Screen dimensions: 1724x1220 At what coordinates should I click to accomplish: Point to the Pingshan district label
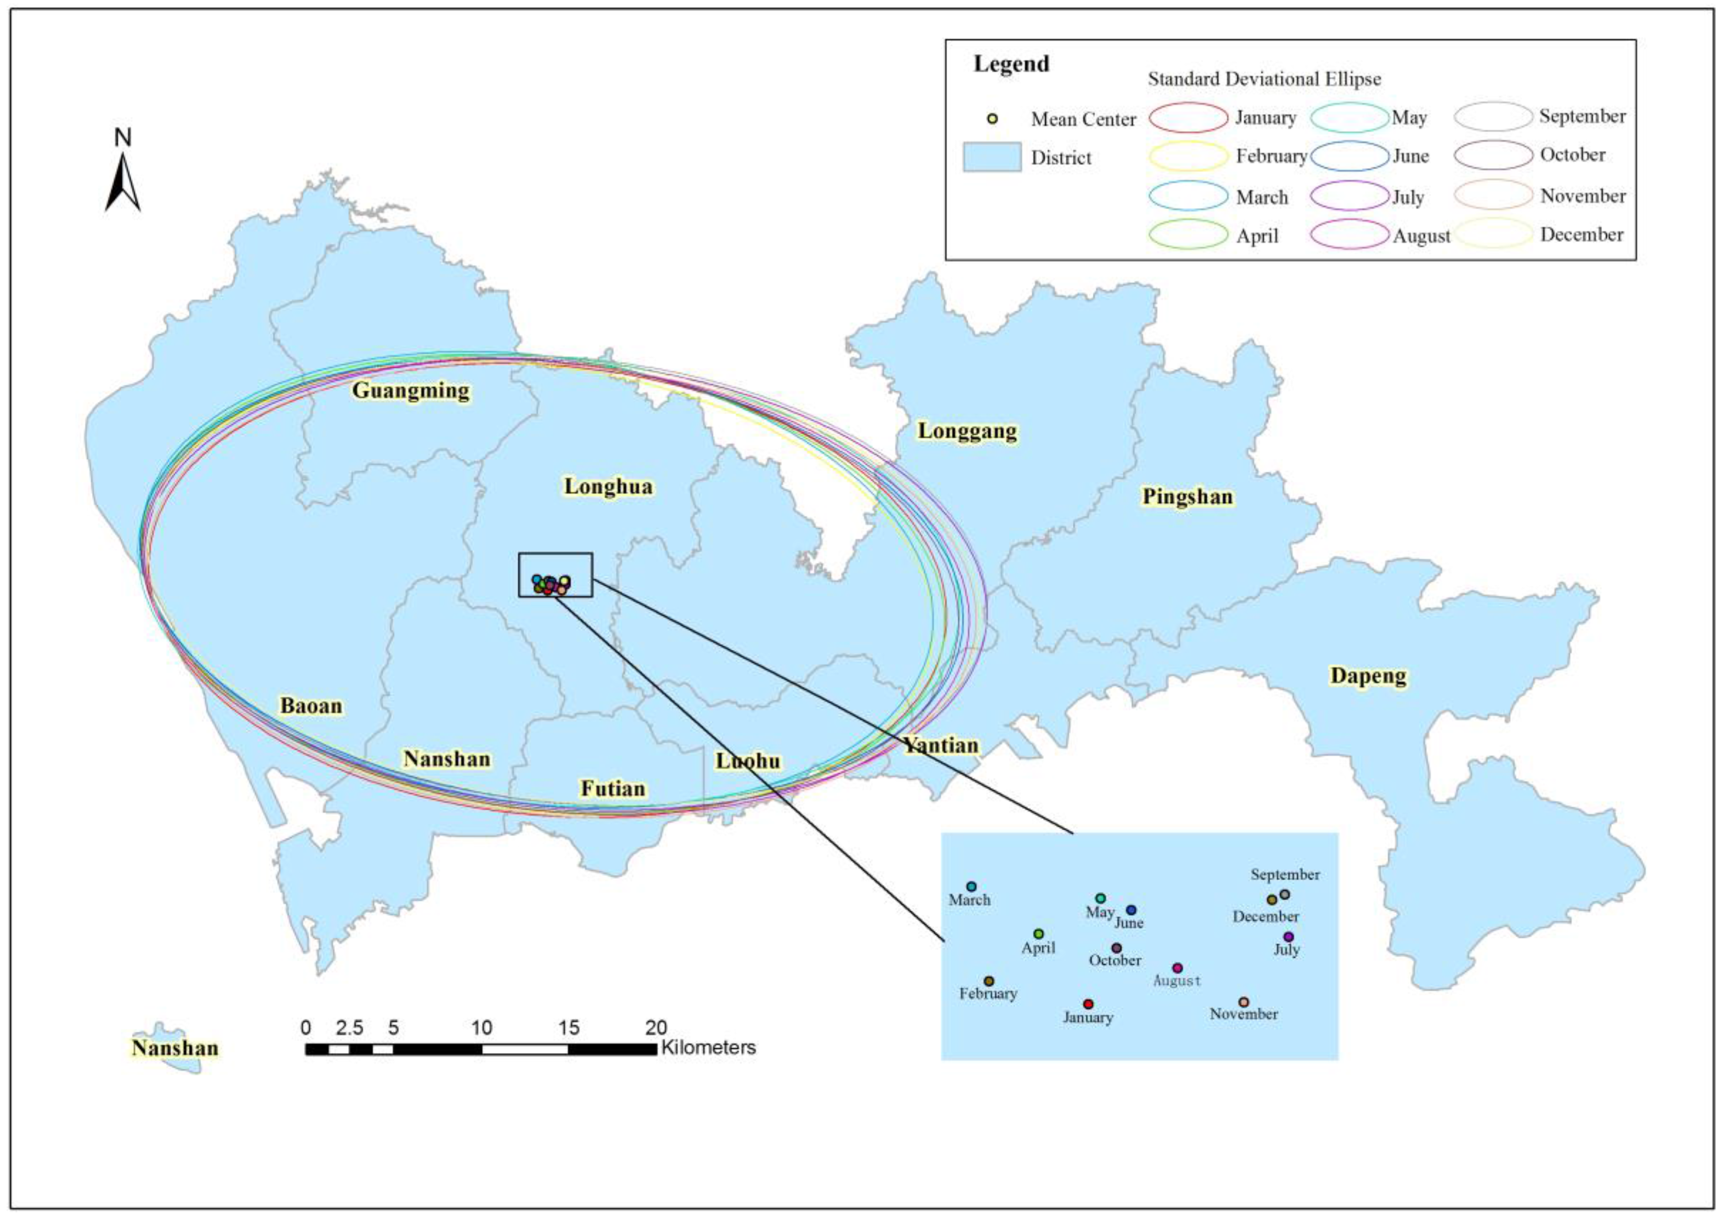pyautogui.click(x=1187, y=496)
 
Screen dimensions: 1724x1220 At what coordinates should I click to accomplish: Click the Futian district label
pyautogui.click(x=613, y=788)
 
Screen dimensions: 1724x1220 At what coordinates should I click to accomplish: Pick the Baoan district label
pyautogui.click(x=311, y=706)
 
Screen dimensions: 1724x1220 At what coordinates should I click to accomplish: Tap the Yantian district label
pyautogui.click(x=941, y=745)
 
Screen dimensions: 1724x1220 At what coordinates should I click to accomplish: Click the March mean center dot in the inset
pyautogui.click(x=971, y=886)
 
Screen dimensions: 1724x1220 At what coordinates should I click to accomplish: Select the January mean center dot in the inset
pyautogui.click(x=1088, y=1004)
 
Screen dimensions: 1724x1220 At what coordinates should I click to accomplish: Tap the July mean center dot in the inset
pyautogui.click(x=1289, y=937)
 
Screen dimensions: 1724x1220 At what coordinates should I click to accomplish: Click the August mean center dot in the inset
pyautogui.click(x=1177, y=969)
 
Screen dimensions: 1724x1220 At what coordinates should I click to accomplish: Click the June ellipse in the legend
pyautogui.click(x=1349, y=156)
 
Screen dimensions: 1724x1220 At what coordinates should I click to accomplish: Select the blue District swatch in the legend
pyautogui.click(x=992, y=158)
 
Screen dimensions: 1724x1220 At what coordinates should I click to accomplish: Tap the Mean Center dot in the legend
pyautogui.click(x=992, y=119)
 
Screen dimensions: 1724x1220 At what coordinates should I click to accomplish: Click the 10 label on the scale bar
pyautogui.click(x=481, y=1028)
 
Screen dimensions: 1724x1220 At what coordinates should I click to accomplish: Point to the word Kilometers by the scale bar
pyautogui.click(x=708, y=1048)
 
